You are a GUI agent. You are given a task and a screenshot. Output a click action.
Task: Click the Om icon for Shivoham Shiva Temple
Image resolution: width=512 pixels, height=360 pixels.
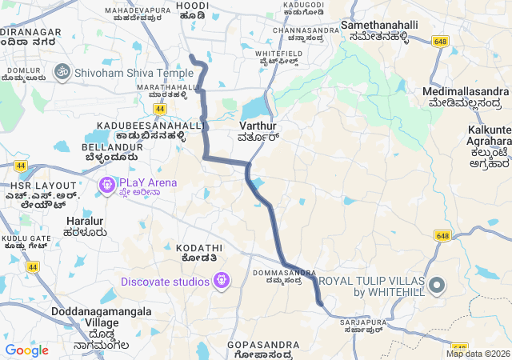click(61, 72)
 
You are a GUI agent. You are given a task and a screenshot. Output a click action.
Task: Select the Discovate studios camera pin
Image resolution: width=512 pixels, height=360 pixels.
click(222, 281)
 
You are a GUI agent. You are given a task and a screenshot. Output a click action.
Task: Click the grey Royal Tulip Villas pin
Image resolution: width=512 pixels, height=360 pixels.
click(437, 286)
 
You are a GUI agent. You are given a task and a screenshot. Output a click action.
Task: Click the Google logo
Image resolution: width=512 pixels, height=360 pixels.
click(26, 350)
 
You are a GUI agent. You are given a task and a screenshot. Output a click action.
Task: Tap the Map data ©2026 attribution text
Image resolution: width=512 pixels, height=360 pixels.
click(478, 354)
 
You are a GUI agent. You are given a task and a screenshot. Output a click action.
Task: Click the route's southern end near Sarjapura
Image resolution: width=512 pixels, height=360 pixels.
click(320, 303)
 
